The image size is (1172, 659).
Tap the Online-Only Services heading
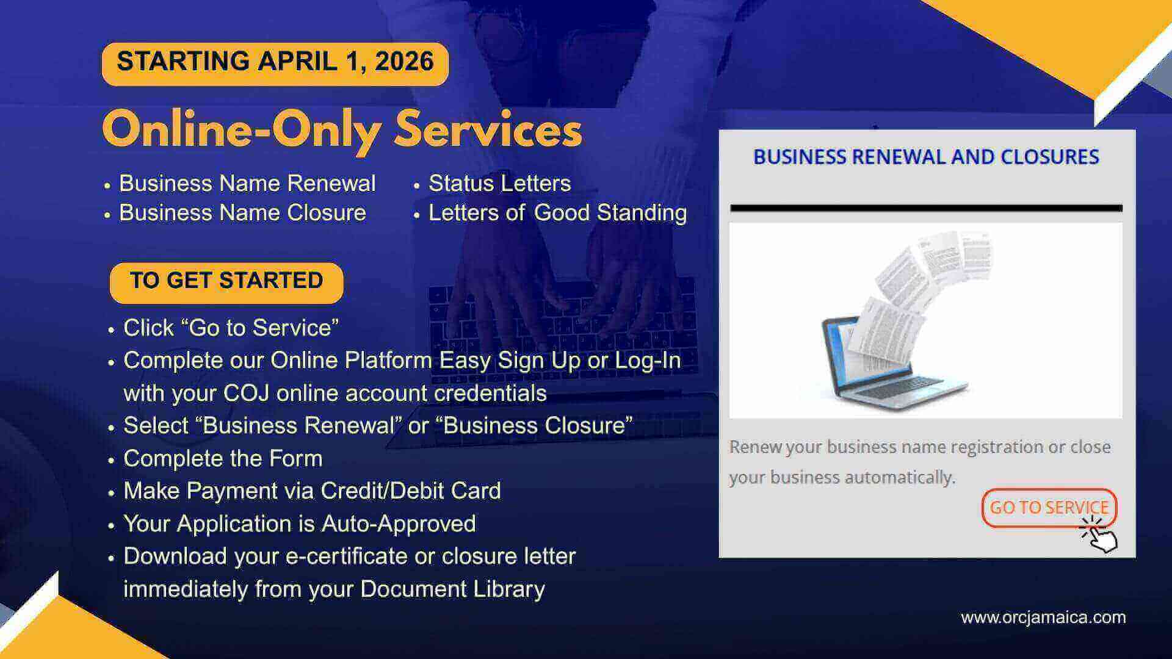(x=342, y=129)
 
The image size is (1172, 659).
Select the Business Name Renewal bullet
(x=247, y=183)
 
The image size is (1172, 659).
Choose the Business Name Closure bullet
(x=242, y=213)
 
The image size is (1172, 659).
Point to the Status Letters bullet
(x=499, y=183)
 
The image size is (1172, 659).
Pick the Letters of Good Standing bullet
(x=557, y=213)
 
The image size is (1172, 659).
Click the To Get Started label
(x=226, y=281)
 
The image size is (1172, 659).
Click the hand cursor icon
(x=1100, y=535)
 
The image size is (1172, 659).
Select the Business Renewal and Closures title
(x=926, y=157)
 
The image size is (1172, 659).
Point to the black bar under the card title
(x=926, y=208)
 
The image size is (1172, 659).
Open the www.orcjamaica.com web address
(x=1043, y=618)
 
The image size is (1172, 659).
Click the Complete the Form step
(x=223, y=458)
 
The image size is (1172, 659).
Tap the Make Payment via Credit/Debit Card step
(x=312, y=491)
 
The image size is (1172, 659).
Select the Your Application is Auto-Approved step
(x=299, y=524)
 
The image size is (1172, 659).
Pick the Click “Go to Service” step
(x=231, y=328)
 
